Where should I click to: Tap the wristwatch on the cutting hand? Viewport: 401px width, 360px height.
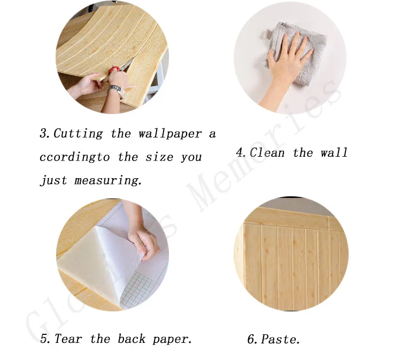pos(115,89)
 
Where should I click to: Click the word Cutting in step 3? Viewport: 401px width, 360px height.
pos(78,134)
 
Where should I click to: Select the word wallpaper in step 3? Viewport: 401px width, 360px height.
pos(171,134)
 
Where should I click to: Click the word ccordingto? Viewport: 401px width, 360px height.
pos(75,157)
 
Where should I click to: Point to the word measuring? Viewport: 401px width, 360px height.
pos(107,180)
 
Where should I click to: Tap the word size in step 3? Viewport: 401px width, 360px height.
pos(159,157)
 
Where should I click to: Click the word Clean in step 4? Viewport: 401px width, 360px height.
pos(267,153)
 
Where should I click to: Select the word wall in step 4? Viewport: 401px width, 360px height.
pos(334,153)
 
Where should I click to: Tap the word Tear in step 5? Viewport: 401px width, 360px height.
pos(68,339)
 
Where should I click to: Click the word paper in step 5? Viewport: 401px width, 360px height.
pos(172,340)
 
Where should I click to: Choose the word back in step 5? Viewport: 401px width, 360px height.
pos(132,339)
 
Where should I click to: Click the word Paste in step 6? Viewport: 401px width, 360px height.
pos(280,339)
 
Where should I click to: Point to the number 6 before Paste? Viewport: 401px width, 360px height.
pos(252,339)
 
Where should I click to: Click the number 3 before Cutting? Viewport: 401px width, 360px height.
pos(44,133)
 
